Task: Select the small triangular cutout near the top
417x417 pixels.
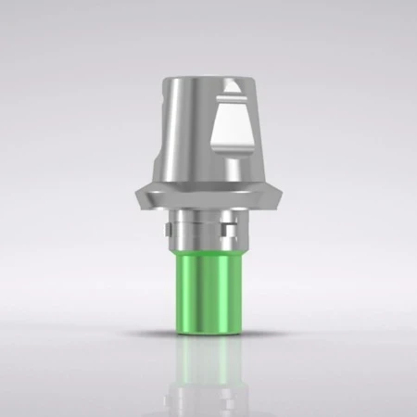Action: click(234, 94)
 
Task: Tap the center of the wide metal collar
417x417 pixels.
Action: click(208, 195)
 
